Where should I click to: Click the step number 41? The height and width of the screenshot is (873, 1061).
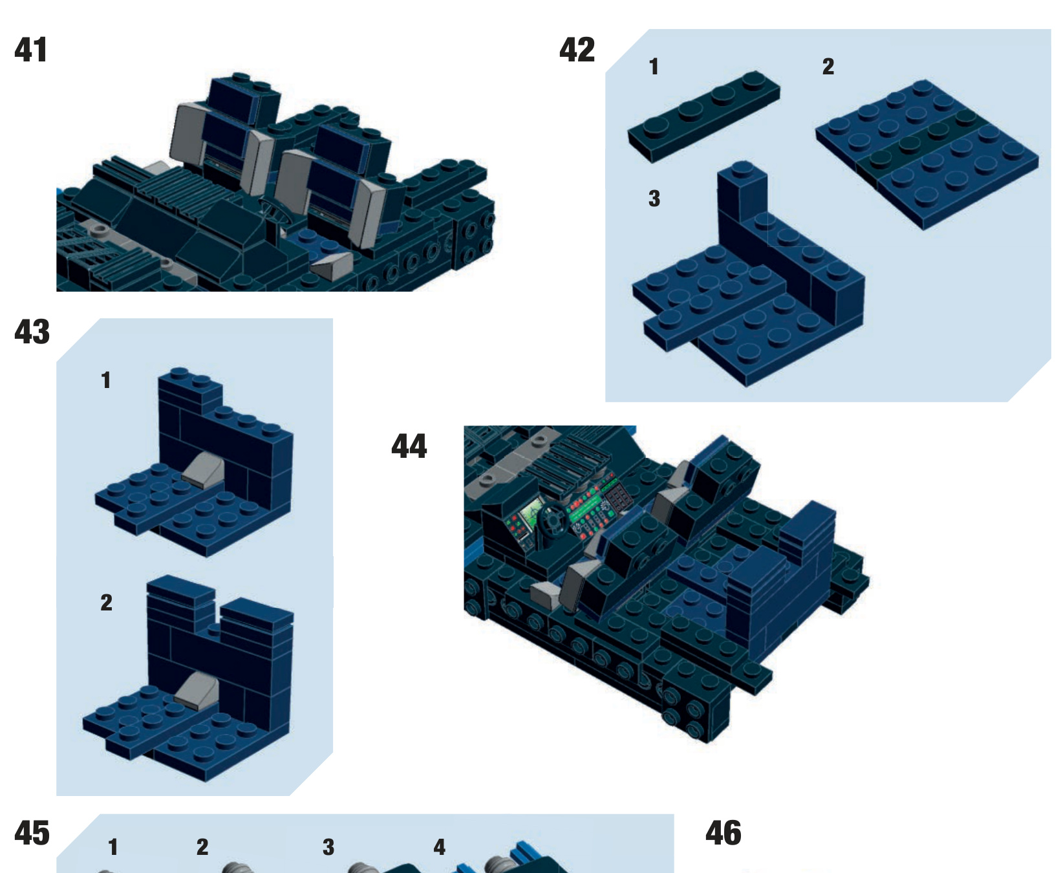(x=30, y=50)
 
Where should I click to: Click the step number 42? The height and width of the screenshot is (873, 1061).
(x=577, y=50)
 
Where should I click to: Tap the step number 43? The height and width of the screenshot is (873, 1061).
(x=32, y=332)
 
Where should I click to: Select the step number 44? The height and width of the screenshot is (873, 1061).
(x=409, y=447)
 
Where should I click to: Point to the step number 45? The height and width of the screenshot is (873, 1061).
(x=32, y=834)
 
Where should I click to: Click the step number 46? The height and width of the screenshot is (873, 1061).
(x=723, y=834)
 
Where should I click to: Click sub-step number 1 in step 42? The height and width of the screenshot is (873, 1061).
(x=654, y=67)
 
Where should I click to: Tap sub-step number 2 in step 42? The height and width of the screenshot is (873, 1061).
(x=828, y=67)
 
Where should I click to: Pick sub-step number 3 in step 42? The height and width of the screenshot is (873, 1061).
(x=654, y=199)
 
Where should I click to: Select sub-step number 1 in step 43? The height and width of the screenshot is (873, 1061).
(x=106, y=380)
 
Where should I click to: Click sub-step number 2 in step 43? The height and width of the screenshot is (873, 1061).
(x=106, y=603)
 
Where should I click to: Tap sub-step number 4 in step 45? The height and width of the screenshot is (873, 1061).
(x=439, y=847)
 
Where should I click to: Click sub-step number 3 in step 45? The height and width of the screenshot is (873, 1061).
(x=328, y=847)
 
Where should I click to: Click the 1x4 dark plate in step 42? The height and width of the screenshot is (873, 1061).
(x=703, y=116)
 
